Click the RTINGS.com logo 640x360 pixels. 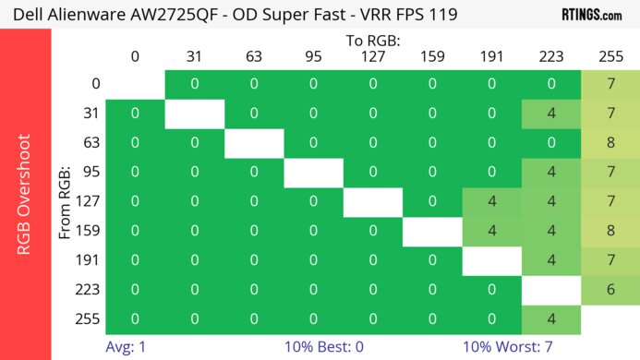591,15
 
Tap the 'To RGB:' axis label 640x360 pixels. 372,41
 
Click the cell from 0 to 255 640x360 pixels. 610,84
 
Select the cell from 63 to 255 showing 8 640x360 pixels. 610,143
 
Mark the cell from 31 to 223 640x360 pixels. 551,114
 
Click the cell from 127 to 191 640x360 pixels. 491,201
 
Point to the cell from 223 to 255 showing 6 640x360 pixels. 610,290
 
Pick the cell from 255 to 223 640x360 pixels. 551,319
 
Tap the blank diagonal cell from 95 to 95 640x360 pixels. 313,173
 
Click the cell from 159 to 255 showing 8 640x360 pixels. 610,231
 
